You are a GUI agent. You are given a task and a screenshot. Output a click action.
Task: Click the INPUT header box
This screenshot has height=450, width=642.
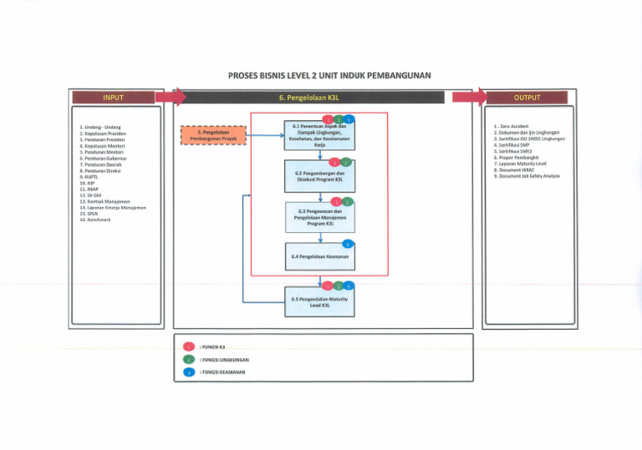pyautogui.click(x=114, y=98)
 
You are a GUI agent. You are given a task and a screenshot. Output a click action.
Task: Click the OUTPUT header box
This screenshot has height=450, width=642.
pyautogui.click(x=526, y=98)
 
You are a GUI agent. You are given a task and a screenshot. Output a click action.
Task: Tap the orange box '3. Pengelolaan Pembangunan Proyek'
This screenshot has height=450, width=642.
pyautogui.click(x=214, y=135)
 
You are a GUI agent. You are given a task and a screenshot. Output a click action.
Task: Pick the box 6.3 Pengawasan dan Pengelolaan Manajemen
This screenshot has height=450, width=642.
pyautogui.click(x=319, y=218)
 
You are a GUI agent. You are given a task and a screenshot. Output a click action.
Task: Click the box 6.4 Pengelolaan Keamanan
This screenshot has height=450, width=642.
pyautogui.click(x=319, y=257)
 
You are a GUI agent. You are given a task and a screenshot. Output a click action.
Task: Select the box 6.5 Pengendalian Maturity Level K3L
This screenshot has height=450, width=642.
pyautogui.click(x=319, y=302)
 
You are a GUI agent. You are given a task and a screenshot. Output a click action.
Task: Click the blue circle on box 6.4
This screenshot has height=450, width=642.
pyautogui.click(x=347, y=243)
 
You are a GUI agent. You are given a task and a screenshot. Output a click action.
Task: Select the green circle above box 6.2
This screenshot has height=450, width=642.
pyautogui.click(x=346, y=161)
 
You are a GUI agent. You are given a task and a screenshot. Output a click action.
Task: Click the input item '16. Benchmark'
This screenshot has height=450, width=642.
pyautogui.click(x=93, y=219)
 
